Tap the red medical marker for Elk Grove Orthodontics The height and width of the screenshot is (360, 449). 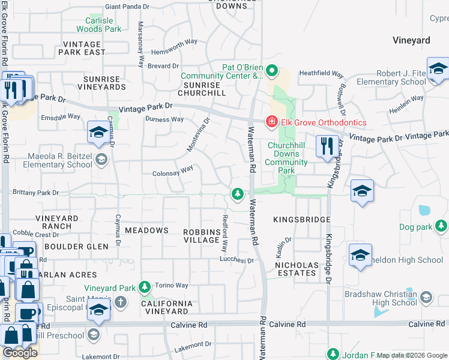click(x=271, y=122)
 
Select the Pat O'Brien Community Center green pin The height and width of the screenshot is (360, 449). click(x=271, y=71)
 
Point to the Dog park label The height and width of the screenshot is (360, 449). click(x=416, y=227)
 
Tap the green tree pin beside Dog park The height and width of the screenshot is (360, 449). click(x=442, y=226)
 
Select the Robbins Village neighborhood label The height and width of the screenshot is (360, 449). click(x=202, y=235)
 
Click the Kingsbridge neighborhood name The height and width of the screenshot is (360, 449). click(x=302, y=220)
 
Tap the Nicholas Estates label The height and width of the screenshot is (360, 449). click(x=295, y=269)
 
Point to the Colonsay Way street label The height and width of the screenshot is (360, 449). click(x=172, y=172)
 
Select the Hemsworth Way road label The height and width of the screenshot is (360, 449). click(x=175, y=42)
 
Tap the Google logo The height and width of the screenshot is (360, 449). click(x=20, y=352)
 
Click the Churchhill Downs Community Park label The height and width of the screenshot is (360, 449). click(x=288, y=158)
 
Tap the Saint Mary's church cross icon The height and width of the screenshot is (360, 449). click(x=121, y=301)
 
